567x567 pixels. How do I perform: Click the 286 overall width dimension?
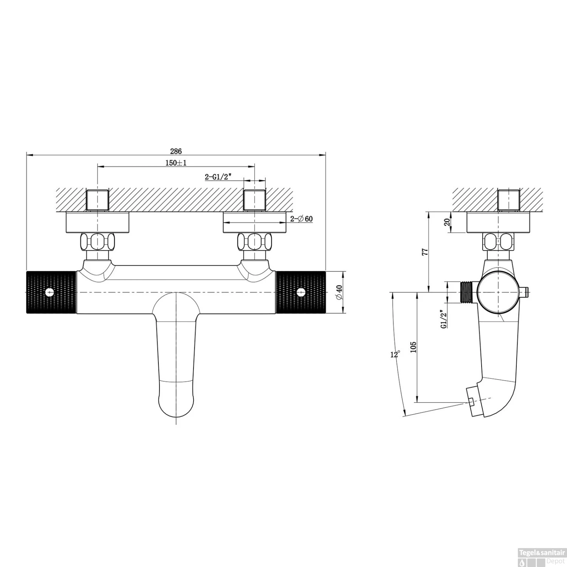(175, 151)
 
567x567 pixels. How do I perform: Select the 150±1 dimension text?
(176, 163)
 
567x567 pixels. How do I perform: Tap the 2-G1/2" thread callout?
(217, 177)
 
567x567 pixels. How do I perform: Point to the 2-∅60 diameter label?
(301, 219)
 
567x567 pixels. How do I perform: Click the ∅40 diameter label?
(339, 292)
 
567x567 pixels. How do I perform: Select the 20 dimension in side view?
(448, 222)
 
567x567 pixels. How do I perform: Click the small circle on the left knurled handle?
(49, 292)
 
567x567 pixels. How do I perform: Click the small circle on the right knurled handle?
(301, 292)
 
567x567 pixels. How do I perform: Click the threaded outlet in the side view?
(468, 292)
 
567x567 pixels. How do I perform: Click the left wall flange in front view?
(98, 222)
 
